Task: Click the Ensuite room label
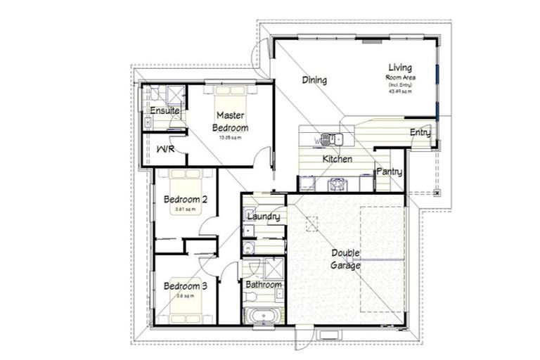click(165, 111)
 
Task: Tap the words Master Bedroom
click(231, 121)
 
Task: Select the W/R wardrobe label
click(165, 150)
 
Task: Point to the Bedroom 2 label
click(185, 200)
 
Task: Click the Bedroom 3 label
click(185, 286)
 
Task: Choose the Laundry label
click(264, 217)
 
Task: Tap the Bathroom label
click(263, 285)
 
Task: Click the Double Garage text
click(346, 259)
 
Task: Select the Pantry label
click(389, 172)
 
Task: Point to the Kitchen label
click(337, 160)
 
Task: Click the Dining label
click(314, 80)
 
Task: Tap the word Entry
click(420, 132)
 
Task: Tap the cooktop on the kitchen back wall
click(337, 184)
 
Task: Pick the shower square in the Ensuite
click(174, 94)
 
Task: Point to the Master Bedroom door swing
click(262, 157)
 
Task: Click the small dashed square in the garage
click(311, 224)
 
